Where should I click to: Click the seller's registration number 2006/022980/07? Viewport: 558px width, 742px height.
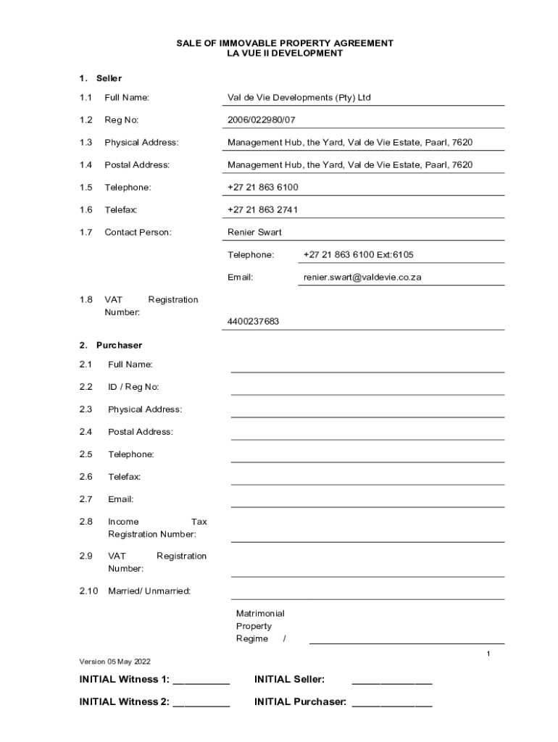tap(261, 120)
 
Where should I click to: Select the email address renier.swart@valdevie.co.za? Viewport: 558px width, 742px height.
tap(362, 277)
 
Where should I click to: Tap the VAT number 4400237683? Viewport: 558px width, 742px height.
tap(253, 321)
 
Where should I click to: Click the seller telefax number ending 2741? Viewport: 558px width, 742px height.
tap(262, 209)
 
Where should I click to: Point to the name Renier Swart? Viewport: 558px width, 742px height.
tap(254, 232)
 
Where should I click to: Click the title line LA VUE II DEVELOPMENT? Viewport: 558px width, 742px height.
tap(285, 54)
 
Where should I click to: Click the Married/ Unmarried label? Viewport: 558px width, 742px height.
tap(149, 591)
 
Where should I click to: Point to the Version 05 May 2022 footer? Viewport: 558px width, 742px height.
tap(114, 661)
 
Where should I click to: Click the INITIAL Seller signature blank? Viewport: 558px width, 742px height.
tap(391, 681)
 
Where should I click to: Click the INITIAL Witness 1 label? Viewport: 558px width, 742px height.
tap(124, 679)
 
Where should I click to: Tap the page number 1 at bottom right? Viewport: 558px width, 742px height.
tap(488, 654)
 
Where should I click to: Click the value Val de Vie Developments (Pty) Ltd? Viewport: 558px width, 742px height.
tap(299, 97)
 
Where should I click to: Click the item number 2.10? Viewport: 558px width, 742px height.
tap(88, 591)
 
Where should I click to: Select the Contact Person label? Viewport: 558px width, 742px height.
tap(138, 232)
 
